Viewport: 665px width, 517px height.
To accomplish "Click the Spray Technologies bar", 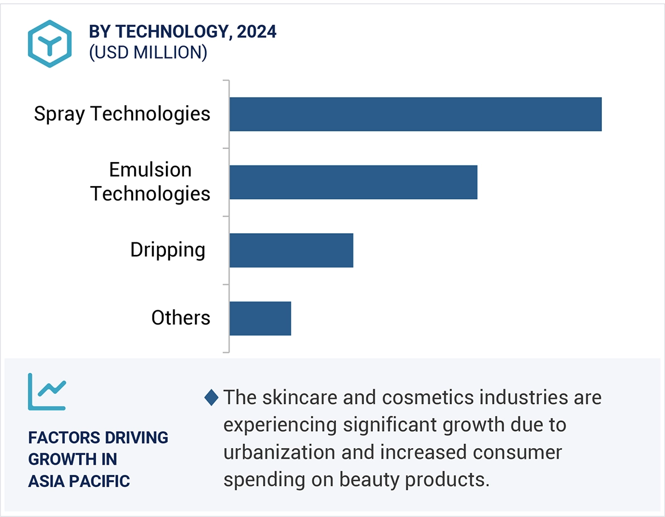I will tap(415, 114).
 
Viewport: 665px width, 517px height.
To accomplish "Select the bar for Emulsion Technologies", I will tap(353, 183).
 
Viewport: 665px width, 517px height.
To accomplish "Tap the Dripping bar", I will tap(291, 250).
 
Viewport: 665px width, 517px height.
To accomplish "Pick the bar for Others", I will tap(260, 319).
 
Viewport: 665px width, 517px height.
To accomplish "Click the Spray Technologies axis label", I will tap(122, 114).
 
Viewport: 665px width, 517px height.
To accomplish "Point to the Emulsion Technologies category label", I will tap(151, 182).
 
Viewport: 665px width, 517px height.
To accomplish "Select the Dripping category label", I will tap(168, 250).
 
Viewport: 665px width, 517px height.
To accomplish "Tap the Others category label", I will tap(181, 317).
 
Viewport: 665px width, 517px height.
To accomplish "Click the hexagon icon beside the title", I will tap(50, 44).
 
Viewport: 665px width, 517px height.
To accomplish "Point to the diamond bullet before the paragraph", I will tap(211, 398).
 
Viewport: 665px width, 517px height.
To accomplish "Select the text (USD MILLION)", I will tap(148, 52).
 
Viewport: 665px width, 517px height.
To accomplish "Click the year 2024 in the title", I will tap(257, 32).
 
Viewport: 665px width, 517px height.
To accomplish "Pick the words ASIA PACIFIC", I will tap(79, 481).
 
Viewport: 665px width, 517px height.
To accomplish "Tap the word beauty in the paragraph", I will tap(369, 479).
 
